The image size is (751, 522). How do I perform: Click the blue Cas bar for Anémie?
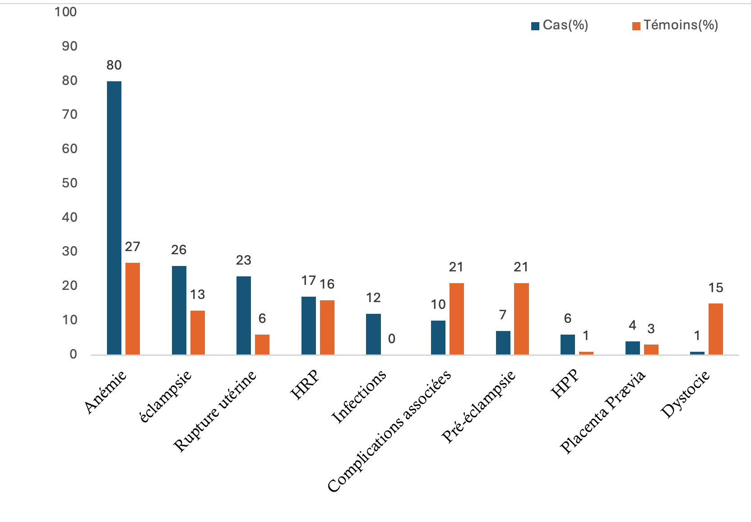coord(114,218)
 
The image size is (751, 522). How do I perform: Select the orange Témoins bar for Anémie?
coord(133,308)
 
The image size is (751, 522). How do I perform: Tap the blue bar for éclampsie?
coord(179,310)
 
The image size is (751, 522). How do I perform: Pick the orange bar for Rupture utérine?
coord(262,345)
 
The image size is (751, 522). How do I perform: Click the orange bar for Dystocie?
coord(716,329)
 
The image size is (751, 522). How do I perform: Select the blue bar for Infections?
coord(373,334)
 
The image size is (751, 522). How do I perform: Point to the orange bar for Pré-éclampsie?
coord(521,319)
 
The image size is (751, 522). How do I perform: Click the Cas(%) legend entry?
coord(560,25)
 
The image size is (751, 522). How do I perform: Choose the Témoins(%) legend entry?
coord(676,25)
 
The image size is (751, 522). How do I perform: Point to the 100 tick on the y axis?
coord(66,12)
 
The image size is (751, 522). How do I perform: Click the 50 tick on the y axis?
coord(70,183)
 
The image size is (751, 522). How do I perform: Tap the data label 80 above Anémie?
coord(114,65)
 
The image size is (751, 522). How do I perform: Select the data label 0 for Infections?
coord(392,339)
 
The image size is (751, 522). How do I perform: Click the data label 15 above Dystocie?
coord(716,288)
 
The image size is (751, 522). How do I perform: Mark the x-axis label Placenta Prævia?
coord(603,412)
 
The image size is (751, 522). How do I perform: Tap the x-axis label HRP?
coord(305,385)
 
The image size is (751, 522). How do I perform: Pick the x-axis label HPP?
coord(565,384)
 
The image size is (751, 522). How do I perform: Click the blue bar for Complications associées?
coord(438,337)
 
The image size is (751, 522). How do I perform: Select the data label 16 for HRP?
coord(327,284)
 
